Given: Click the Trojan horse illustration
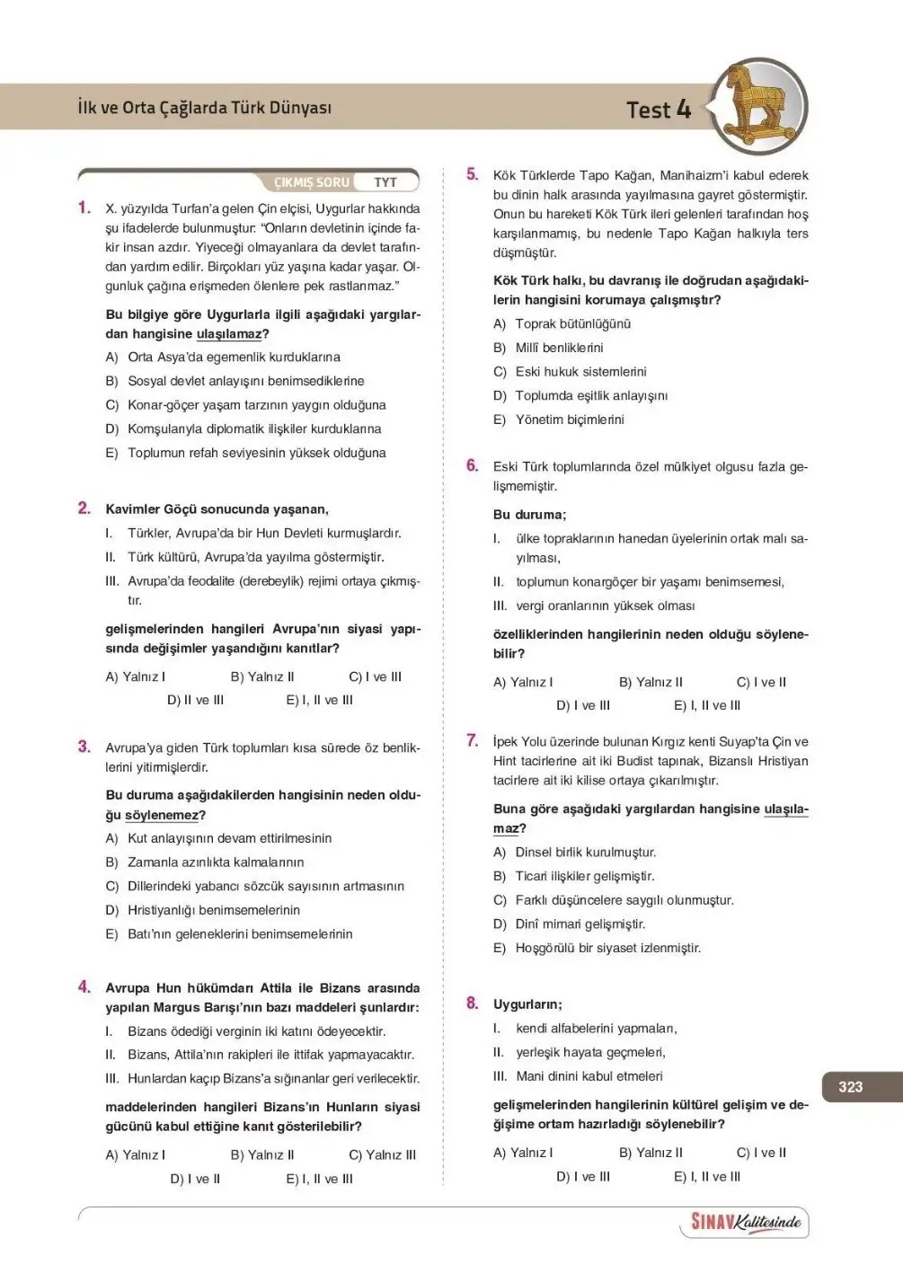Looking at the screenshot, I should [x=759, y=106].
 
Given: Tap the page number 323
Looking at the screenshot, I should [x=850, y=1086].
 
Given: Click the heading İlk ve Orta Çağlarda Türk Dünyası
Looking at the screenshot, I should [x=205, y=108].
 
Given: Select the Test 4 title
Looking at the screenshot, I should [x=658, y=110].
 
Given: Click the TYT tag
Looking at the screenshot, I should [x=385, y=182].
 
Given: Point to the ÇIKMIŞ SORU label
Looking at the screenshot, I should [x=311, y=182].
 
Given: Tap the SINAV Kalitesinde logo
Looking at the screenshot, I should [x=745, y=1222].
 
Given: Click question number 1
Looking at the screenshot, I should [x=84, y=208].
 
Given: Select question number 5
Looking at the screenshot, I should [x=473, y=174].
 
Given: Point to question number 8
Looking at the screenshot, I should [x=473, y=1003].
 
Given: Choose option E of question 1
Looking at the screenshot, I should [x=245, y=453].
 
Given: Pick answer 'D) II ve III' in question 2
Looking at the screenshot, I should [x=195, y=700].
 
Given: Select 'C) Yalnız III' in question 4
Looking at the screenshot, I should [x=382, y=1154].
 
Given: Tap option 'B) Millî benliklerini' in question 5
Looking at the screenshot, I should [x=548, y=348].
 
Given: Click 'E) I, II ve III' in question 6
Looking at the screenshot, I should [x=707, y=705].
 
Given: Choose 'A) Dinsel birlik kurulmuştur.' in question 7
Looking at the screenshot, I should [x=575, y=852].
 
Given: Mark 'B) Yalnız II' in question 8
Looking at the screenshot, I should [x=651, y=1153].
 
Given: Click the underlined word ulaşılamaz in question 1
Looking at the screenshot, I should [x=229, y=334].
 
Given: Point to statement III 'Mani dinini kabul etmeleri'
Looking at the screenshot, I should [x=589, y=1075].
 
